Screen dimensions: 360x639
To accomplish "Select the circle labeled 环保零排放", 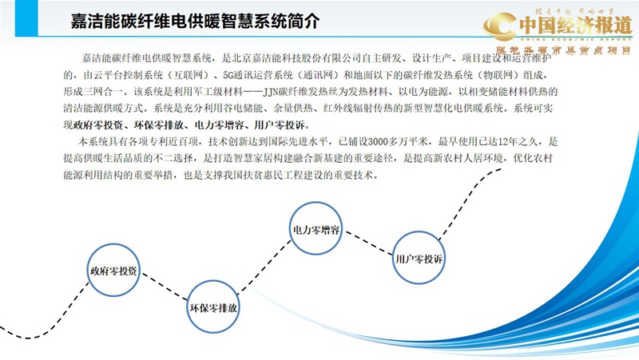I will pos(213,307).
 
